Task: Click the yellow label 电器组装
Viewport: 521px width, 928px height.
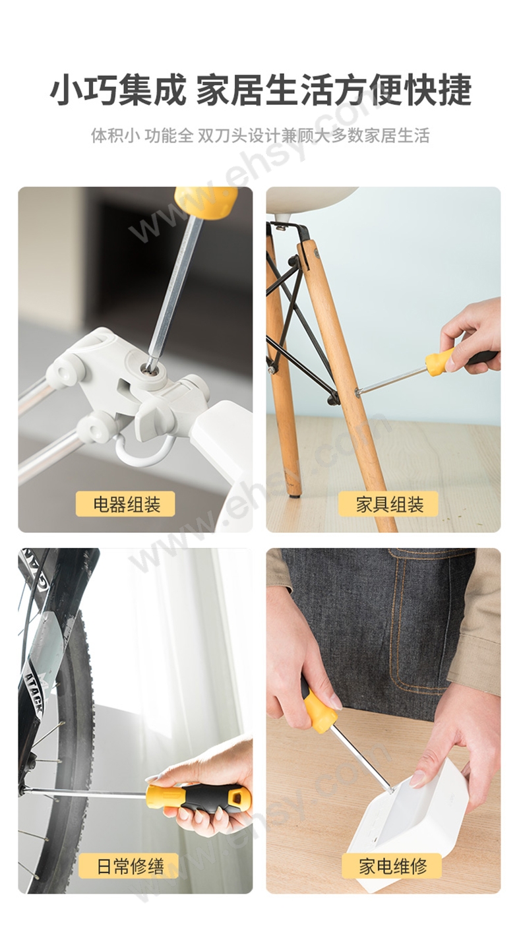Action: pyautogui.click(x=125, y=504)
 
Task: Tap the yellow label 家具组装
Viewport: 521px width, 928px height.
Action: pyautogui.click(x=388, y=504)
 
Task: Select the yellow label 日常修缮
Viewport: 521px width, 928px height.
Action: pyautogui.click(x=129, y=865)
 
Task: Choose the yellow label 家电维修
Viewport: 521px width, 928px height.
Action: pyautogui.click(x=391, y=865)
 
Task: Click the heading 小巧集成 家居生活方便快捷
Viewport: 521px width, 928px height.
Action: pyautogui.click(x=260, y=90)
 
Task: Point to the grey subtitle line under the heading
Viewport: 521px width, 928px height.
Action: pyautogui.click(x=260, y=135)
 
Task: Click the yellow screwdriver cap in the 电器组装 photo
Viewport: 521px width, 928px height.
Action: pyautogui.click(x=206, y=202)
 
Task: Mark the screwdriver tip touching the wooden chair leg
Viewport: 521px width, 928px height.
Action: pyautogui.click(x=358, y=390)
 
